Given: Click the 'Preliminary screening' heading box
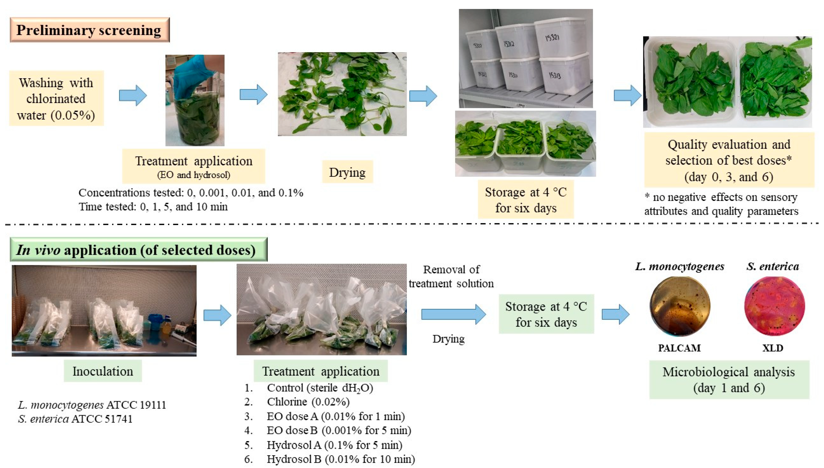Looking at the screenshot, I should coord(89,30).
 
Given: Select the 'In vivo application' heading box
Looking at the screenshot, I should coord(138,250).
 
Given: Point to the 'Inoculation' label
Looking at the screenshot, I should coord(102,371).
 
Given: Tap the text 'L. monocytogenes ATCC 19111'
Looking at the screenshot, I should coord(92,405).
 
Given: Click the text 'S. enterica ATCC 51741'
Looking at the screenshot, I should coord(75,419).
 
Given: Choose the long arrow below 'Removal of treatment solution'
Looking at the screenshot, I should coord(453,314).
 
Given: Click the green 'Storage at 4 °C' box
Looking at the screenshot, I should coord(546,314).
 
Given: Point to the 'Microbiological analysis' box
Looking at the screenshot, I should coord(729,380).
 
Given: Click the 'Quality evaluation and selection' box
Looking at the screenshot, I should coord(729,160).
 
